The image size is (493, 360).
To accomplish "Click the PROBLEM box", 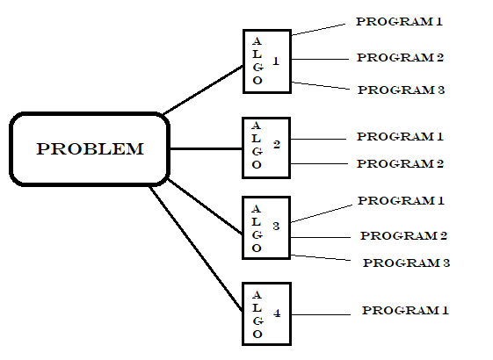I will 89,148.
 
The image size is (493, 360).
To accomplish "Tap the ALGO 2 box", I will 266,148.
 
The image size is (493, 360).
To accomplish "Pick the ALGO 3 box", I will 266,227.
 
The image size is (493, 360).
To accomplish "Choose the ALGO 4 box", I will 266,313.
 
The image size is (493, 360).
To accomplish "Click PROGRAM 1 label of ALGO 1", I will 398,21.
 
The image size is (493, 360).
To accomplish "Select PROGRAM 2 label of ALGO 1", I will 400,58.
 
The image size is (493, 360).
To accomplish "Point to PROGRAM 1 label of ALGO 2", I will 400,137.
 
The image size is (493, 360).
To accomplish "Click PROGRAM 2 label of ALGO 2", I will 400,163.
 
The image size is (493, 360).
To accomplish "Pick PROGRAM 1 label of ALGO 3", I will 401,201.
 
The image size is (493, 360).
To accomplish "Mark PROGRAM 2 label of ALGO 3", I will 404,235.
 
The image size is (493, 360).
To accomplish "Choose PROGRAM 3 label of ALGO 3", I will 406,263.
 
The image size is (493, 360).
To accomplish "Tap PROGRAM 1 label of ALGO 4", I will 405,311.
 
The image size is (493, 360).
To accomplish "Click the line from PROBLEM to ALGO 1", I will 204,90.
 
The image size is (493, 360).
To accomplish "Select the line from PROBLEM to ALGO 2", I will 206,148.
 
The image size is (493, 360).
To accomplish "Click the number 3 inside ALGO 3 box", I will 276,227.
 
